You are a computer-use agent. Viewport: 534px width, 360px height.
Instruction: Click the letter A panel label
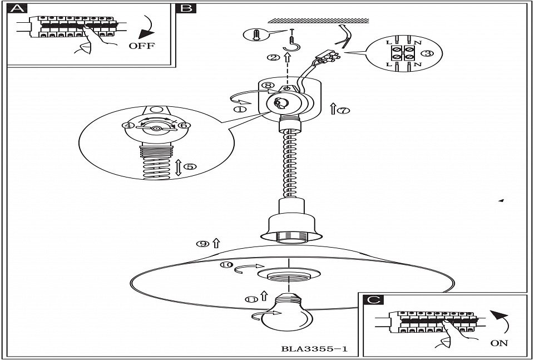click(x=17, y=8)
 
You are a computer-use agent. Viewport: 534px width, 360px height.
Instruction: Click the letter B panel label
click(x=186, y=8)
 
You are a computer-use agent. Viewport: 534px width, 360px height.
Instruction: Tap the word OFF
click(x=142, y=46)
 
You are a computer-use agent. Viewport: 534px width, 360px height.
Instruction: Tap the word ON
click(x=499, y=343)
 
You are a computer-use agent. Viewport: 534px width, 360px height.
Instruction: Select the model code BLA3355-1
click(x=314, y=349)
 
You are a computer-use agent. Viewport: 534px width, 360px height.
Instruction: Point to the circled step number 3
click(x=427, y=53)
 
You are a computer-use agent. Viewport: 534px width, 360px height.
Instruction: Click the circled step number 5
click(x=190, y=166)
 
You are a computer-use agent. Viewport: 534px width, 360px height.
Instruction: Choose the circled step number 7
click(x=343, y=110)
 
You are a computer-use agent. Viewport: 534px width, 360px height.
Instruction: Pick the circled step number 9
click(x=202, y=244)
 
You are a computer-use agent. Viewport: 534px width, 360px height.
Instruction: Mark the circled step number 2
click(x=273, y=57)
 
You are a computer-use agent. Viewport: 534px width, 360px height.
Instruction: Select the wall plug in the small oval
click(x=256, y=35)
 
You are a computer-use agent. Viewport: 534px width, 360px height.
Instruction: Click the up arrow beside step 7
click(x=333, y=109)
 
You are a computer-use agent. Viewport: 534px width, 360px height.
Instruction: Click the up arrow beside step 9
click(x=216, y=243)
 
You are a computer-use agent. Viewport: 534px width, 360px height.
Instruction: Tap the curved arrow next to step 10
click(x=249, y=269)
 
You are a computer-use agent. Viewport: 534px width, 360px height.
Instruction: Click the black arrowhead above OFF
click(x=145, y=34)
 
